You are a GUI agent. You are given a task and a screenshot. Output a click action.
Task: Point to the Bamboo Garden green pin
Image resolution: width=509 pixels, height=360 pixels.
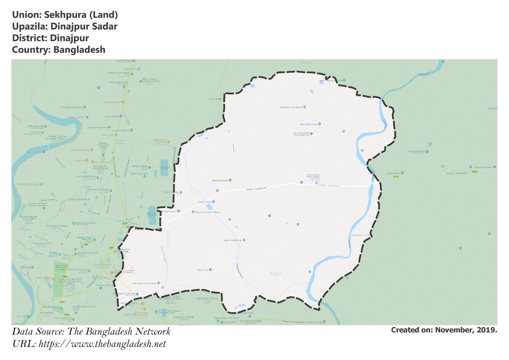coord(230,180)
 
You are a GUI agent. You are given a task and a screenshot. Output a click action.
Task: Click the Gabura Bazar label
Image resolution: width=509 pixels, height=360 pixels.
coord(205,202)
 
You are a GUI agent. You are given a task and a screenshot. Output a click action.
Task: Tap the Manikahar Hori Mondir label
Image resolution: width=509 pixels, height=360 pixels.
coord(291,107)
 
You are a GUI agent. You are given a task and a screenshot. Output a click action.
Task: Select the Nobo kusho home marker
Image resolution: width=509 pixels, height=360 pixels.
coord(320,124)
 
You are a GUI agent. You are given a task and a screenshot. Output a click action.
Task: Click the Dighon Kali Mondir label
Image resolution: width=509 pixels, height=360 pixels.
coord(233,240)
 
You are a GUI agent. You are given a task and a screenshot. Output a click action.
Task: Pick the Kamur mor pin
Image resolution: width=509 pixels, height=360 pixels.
coord(210,270)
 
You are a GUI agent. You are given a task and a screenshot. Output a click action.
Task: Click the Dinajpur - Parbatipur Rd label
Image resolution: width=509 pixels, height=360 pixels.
coord(256,189)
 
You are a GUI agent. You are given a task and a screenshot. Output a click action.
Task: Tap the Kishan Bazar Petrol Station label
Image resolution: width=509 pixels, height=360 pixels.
coord(313,176)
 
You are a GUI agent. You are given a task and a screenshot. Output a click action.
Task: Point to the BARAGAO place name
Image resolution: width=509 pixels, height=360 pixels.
coord(361,235)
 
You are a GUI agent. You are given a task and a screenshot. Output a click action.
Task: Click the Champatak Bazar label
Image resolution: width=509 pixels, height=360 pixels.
coord(416,151)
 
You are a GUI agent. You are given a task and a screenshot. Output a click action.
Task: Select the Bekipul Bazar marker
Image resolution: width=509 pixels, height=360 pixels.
coord(402,173)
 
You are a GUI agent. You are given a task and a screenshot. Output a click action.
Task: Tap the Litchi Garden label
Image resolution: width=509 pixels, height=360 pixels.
coord(216,99)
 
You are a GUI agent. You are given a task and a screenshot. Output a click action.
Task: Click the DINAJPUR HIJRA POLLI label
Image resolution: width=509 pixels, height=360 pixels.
coord(57,138)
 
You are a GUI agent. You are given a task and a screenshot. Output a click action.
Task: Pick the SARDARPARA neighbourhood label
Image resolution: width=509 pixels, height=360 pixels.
coord(79,200)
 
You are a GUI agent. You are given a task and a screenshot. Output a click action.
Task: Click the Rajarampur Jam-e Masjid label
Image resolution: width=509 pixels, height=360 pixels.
coord(207,212)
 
